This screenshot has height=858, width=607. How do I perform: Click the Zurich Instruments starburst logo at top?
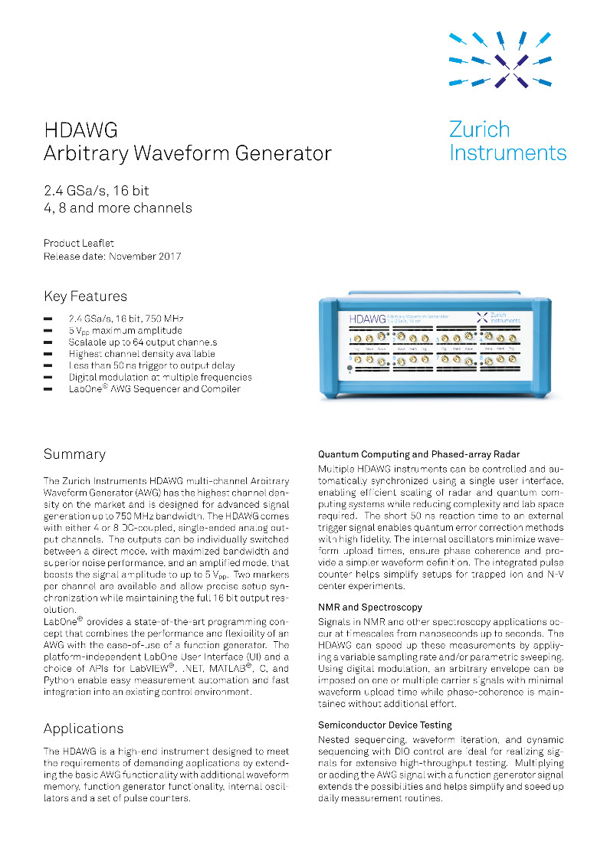tap(500, 59)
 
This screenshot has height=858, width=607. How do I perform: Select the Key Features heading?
tap(86, 296)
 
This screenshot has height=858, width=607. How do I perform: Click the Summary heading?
tap(74, 454)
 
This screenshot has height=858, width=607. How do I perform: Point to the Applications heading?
tap(84, 728)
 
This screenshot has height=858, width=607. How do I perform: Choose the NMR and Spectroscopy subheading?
tap(370, 607)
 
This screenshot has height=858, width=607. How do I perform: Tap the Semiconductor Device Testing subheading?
tap(385, 725)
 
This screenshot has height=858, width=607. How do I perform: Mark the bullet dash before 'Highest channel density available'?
tap(48, 354)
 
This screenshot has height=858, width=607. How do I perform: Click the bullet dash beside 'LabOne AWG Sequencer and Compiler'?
tap(48, 389)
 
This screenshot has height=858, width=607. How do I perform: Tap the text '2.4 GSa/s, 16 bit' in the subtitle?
tap(97, 191)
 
